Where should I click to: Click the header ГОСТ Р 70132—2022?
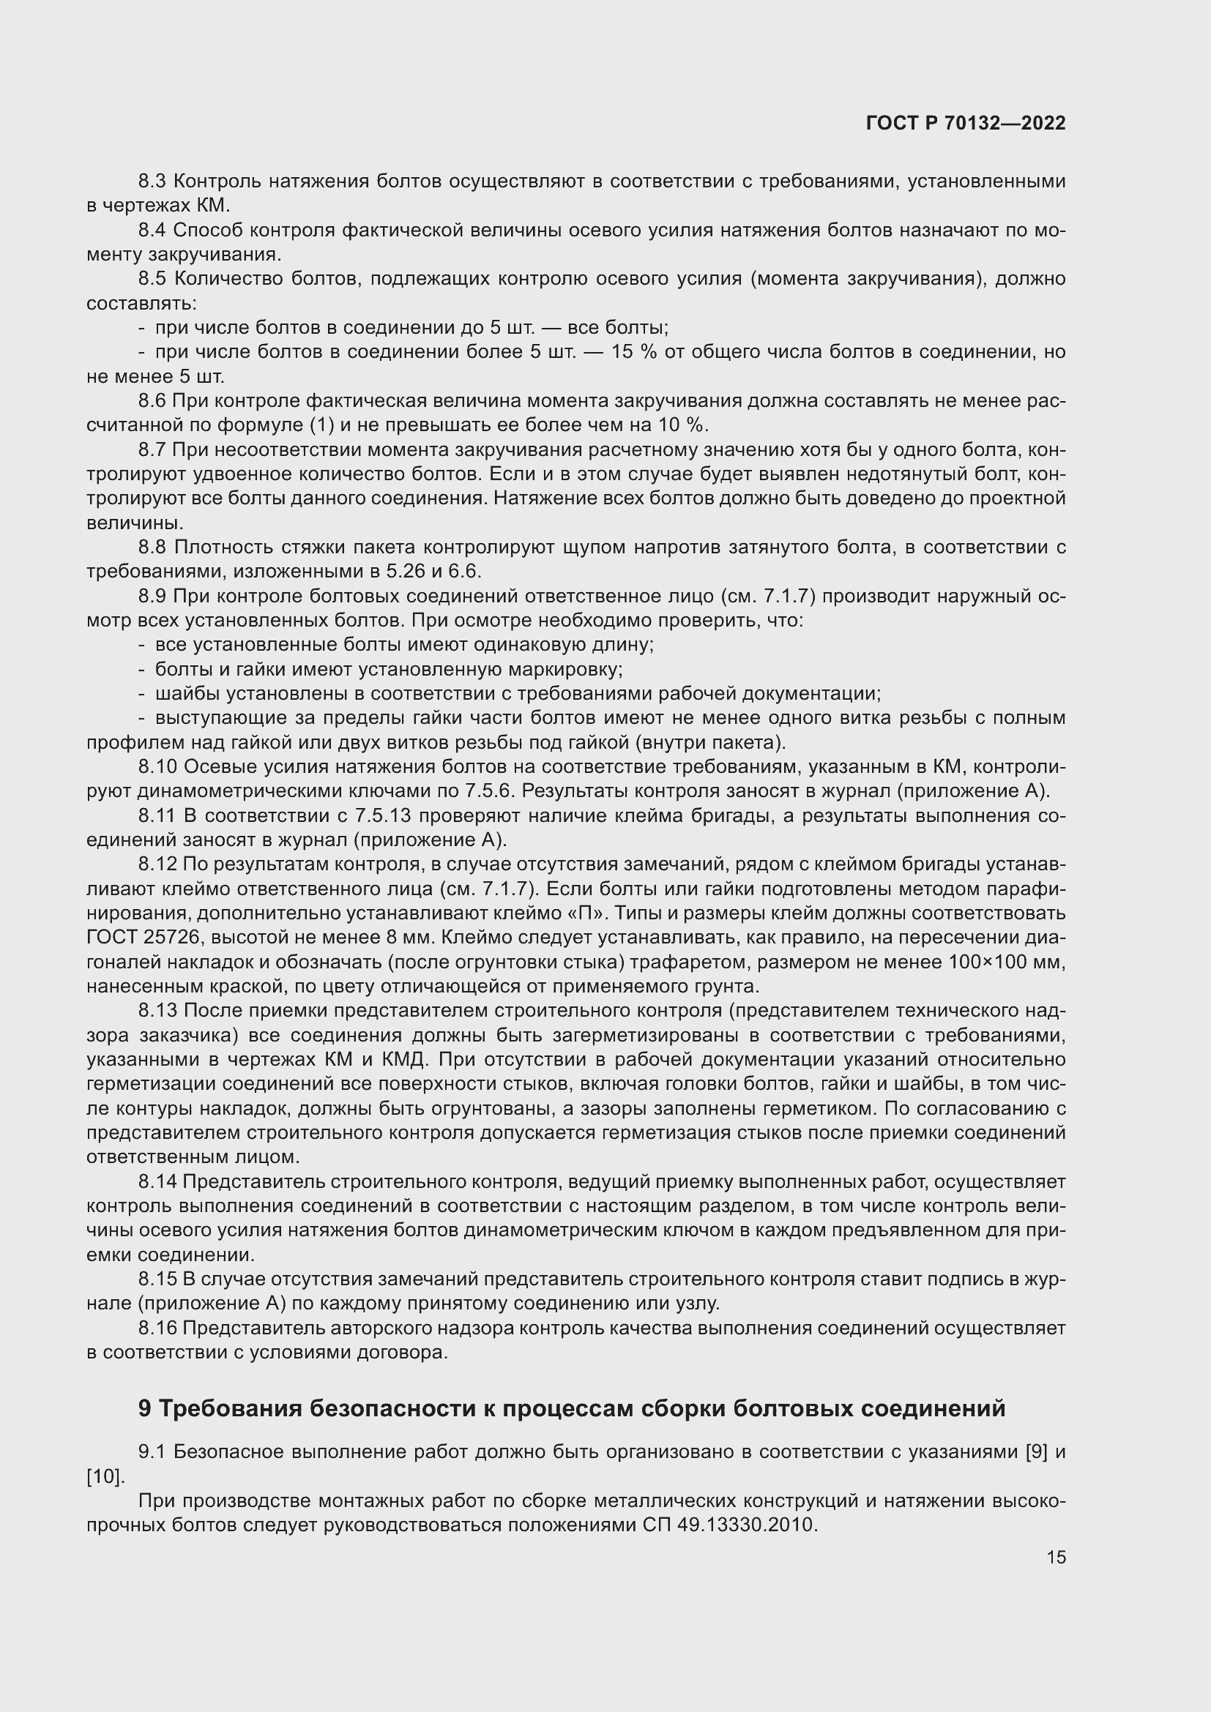tap(966, 123)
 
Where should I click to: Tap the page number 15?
tap(1056, 1557)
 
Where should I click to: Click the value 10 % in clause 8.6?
tap(682, 425)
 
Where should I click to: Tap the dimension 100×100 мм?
tap(1007, 962)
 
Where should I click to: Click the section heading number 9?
tap(145, 1408)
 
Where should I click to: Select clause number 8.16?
tap(157, 1328)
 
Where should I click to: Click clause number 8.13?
tap(157, 1010)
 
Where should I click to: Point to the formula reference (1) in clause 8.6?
tap(321, 425)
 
